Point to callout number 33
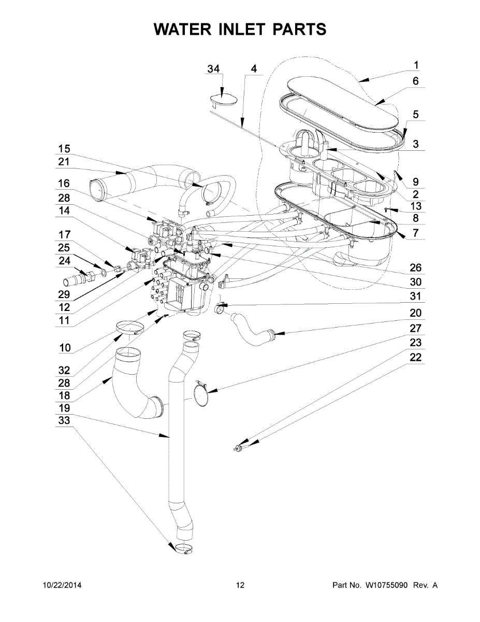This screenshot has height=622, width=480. pos(64,421)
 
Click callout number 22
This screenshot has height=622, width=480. pos(415,358)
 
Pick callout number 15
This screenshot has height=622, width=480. pos(64,148)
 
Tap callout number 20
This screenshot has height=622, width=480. pos(415,313)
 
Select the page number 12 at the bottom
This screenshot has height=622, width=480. pos(240,585)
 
